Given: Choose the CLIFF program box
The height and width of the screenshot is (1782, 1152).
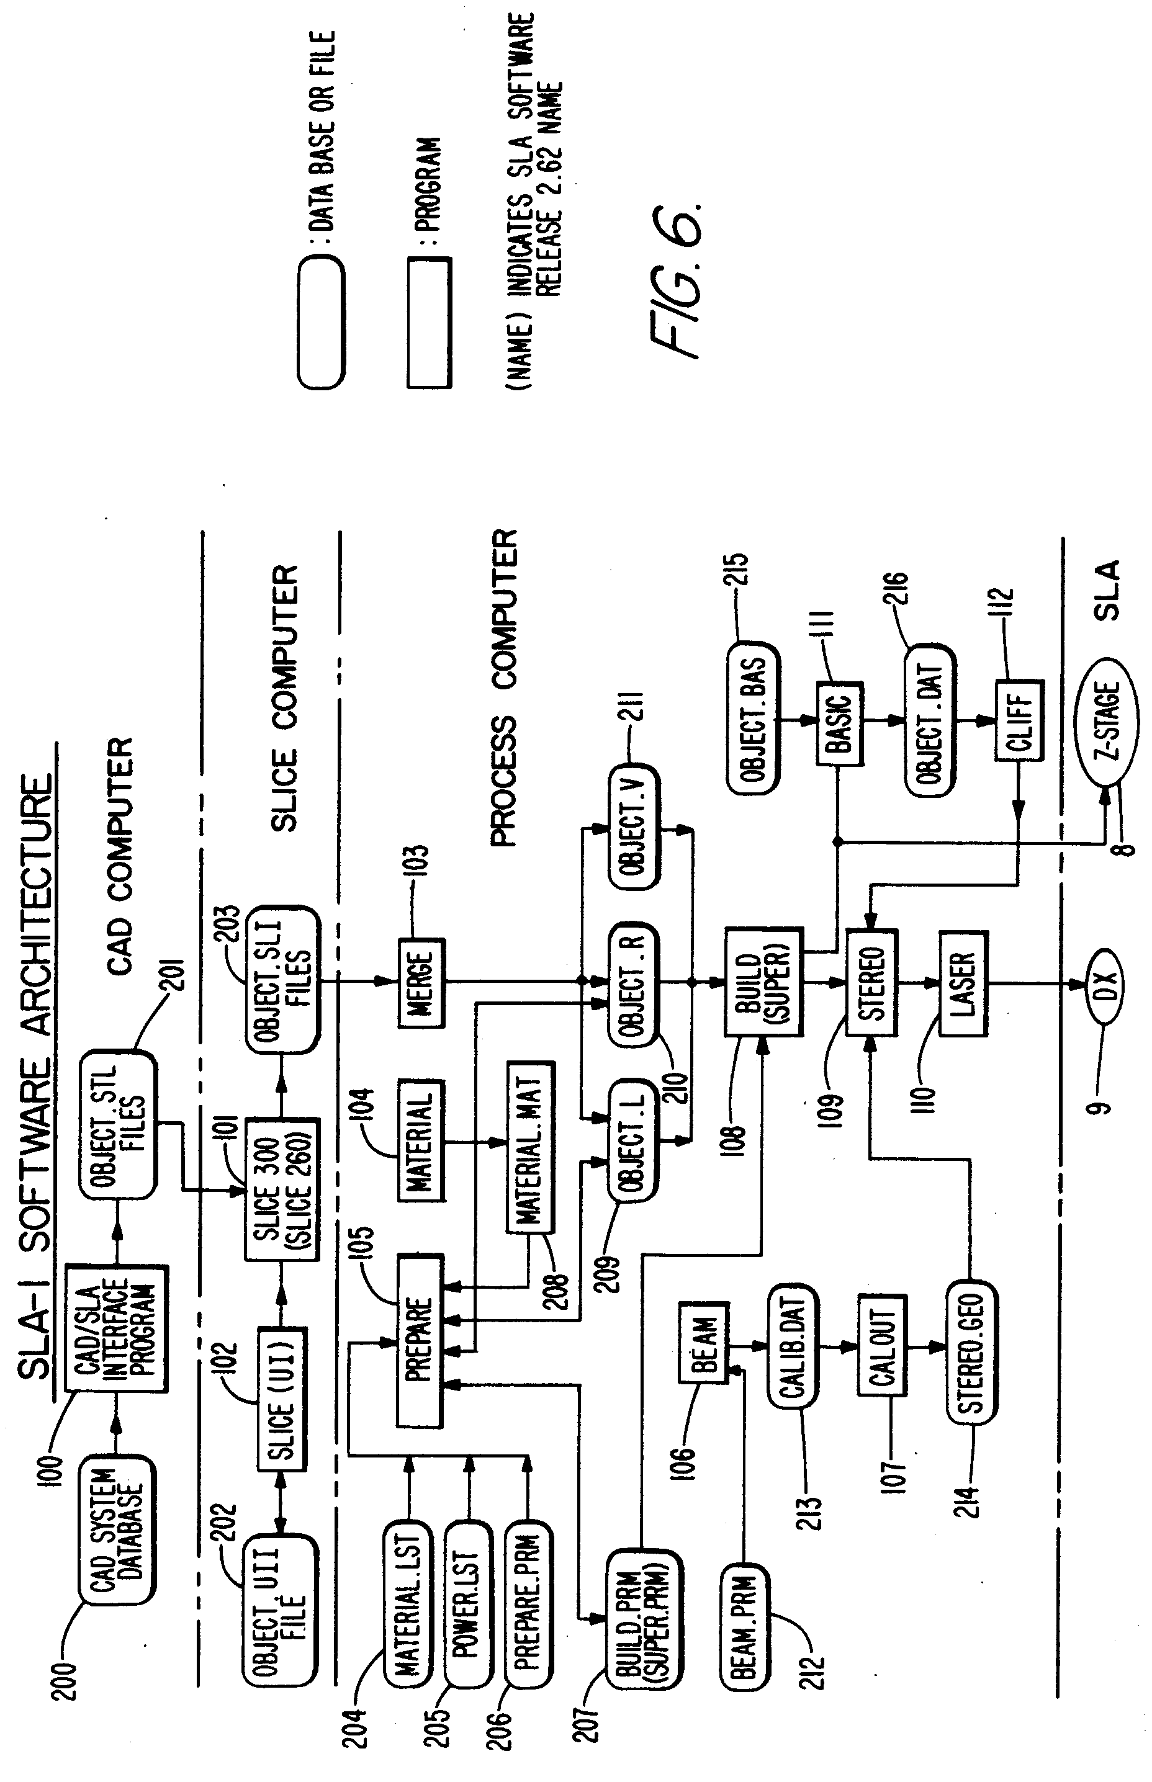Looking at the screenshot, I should (x=1019, y=721).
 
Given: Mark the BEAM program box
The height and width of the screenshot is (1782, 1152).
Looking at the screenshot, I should (x=704, y=1346).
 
